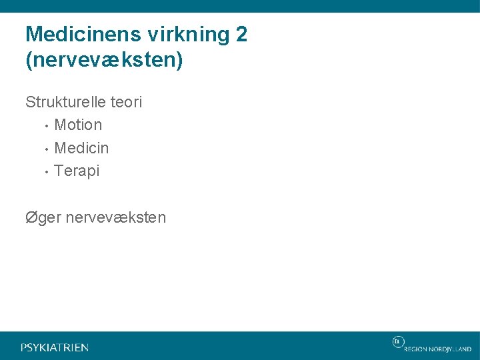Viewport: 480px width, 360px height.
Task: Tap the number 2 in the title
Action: (x=241, y=35)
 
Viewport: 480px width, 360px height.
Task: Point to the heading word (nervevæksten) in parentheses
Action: (x=103, y=61)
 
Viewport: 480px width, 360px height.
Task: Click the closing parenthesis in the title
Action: (x=179, y=61)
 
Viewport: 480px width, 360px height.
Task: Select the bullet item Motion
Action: (x=78, y=125)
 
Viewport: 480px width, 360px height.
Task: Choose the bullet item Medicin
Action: (x=81, y=147)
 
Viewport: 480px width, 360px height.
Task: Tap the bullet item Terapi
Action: (x=77, y=171)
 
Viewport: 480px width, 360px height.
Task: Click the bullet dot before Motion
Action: (x=45, y=125)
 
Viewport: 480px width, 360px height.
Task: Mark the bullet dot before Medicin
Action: (x=45, y=148)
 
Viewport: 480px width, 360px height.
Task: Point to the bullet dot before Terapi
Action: (x=45, y=171)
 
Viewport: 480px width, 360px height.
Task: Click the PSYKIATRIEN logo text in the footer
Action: (x=55, y=347)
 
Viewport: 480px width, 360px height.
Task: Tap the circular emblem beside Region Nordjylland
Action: (x=397, y=341)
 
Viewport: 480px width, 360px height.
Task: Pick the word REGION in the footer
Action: (x=417, y=349)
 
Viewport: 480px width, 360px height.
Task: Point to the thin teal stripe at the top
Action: (x=240, y=6)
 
